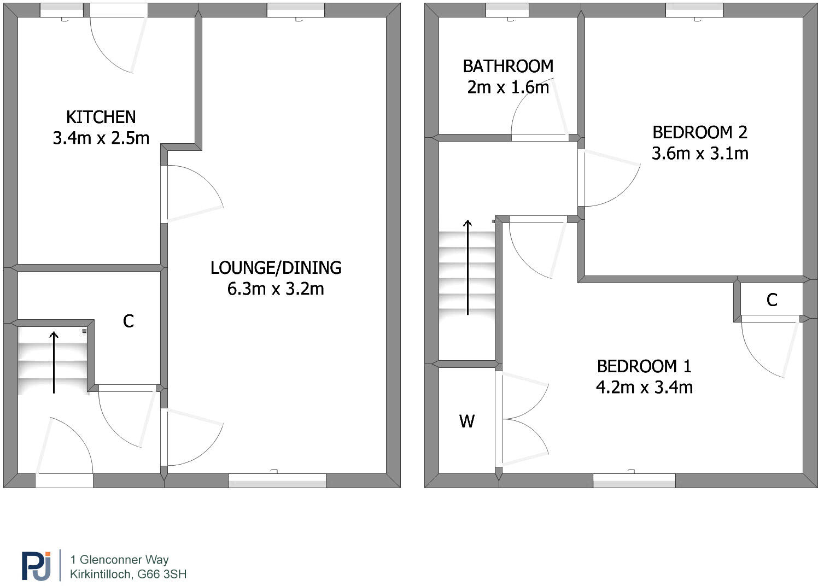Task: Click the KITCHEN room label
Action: [101, 117]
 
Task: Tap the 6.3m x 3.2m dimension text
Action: [276, 289]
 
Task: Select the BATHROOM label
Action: [508, 66]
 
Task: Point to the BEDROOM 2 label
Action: [699, 132]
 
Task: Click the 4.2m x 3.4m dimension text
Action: [644, 387]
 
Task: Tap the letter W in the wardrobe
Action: [466, 421]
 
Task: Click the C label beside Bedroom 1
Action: [772, 300]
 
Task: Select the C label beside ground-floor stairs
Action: [128, 321]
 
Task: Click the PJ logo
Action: [36, 566]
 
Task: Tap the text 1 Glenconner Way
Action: [119, 559]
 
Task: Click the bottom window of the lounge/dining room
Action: [277, 480]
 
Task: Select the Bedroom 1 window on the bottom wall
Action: [634, 480]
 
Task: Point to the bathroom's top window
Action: [507, 10]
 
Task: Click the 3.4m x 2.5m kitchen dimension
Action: [101, 138]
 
